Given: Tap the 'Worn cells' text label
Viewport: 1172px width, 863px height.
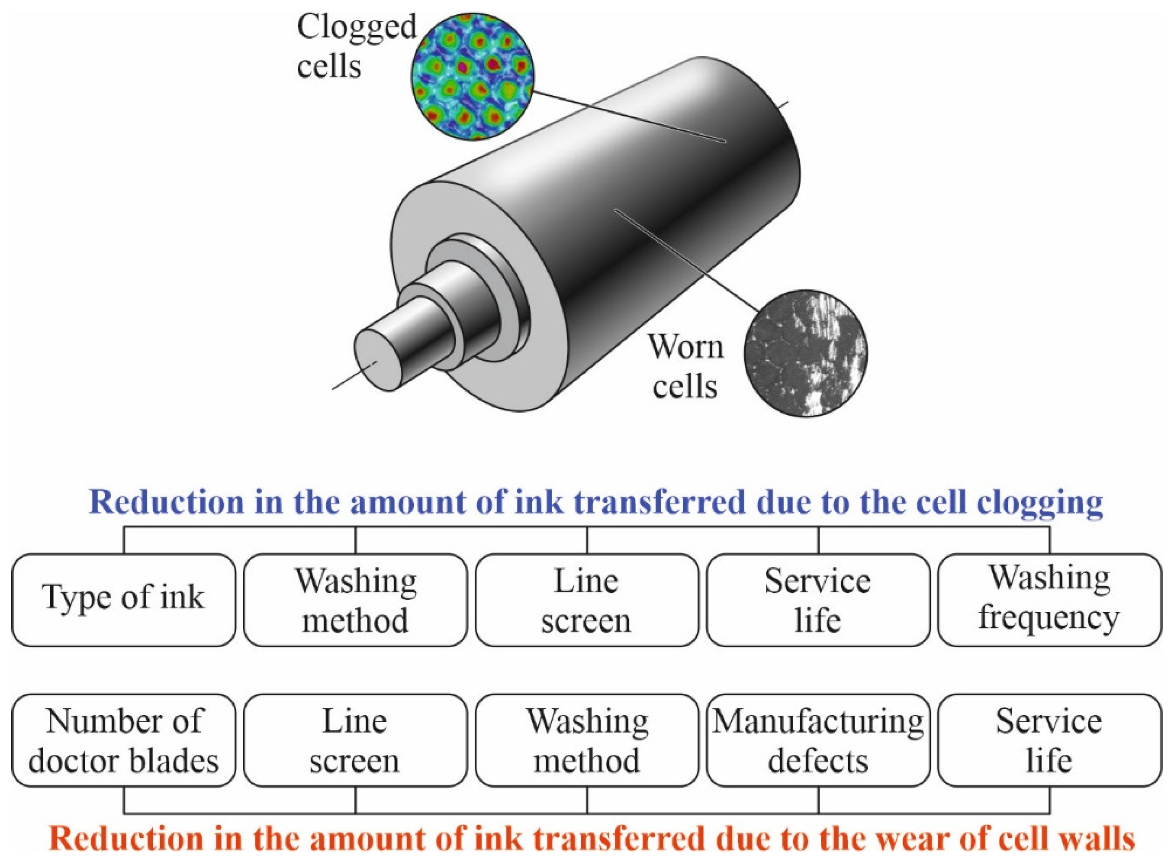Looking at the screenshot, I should pyautogui.click(x=686, y=366).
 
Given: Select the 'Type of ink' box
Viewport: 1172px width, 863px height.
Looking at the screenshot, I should pyautogui.click(x=124, y=600).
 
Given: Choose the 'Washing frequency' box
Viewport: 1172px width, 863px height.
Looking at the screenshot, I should pyautogui.click(x=1050, y=600).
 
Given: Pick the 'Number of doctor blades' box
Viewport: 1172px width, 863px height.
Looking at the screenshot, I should pyautogui.click(x=124, y=740).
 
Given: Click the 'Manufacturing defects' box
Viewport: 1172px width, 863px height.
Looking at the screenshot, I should pyautogui.click(x=818, y=740).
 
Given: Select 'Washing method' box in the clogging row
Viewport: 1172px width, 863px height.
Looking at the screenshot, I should pyautogui.click(x=355, y=600).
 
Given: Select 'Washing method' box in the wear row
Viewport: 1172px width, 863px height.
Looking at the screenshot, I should pyautogui.click(x=587, y=740).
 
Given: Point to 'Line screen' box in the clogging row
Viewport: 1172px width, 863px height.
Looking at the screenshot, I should pyautogui.click(x=587, y=600).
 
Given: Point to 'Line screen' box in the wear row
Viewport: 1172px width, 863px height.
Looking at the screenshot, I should pyautogui.click(x=355, y=740).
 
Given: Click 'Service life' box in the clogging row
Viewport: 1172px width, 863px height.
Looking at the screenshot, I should pyautogui.click(x=818, y=600).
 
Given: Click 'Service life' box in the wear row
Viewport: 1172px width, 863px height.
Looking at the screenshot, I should pyautogui.click(x=1050, y=740).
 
